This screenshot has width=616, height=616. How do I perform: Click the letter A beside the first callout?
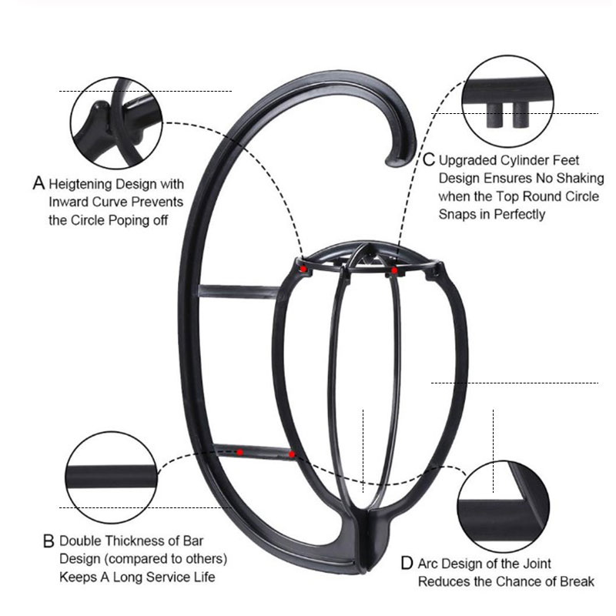tap(39, 184)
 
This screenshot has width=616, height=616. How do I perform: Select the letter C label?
tap(430, 160)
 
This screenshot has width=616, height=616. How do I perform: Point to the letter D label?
tap(407, 564)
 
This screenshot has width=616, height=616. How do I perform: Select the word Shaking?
tap(577, 179)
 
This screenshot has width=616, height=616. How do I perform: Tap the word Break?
tap(577, 582)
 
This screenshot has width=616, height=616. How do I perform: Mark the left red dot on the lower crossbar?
tap(240, 450)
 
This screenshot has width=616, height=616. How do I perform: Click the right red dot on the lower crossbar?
tap(292, 455)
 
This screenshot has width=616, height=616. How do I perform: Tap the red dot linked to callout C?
tap(394, 271)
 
